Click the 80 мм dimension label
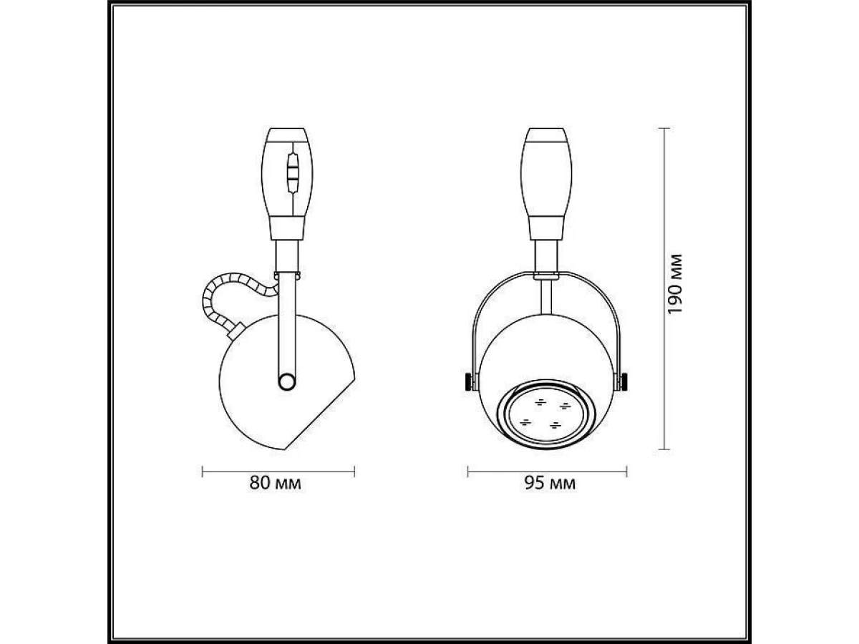(275, 483)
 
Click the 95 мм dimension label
(550, 483)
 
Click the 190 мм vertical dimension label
(675, 284)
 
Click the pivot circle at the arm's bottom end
(287, 381)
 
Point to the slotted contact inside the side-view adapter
(292, 173)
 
